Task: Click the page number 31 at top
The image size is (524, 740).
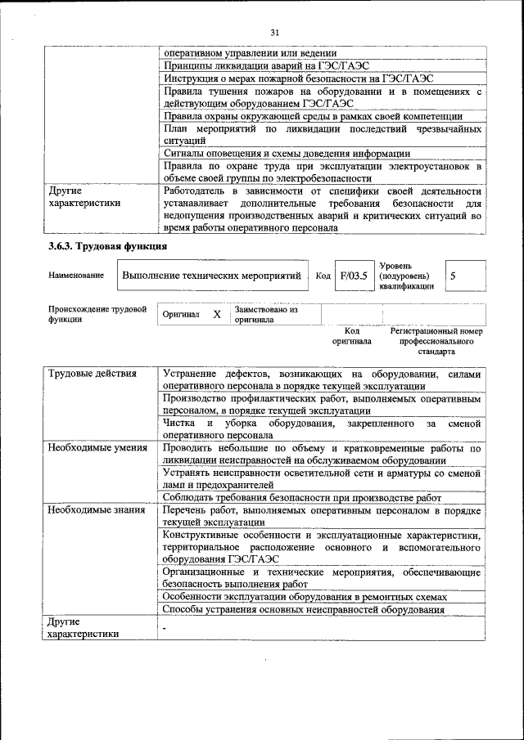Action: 274,32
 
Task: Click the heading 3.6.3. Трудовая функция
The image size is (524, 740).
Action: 107,246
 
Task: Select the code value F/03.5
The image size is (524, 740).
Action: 354,276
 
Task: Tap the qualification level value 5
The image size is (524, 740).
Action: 453,276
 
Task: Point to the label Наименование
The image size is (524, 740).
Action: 76,276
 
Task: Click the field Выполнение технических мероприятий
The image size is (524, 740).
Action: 211,276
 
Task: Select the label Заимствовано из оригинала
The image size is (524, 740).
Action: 265,315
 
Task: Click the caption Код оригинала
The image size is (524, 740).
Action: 352,336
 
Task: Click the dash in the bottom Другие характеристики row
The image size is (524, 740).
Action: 165,628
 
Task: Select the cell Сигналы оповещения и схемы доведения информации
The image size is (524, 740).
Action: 286,154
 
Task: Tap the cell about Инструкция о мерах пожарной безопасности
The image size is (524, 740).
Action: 297,78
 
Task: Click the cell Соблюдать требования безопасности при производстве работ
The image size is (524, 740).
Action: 302,497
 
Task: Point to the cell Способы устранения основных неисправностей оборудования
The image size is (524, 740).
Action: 303,609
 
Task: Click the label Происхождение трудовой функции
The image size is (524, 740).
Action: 97,315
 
